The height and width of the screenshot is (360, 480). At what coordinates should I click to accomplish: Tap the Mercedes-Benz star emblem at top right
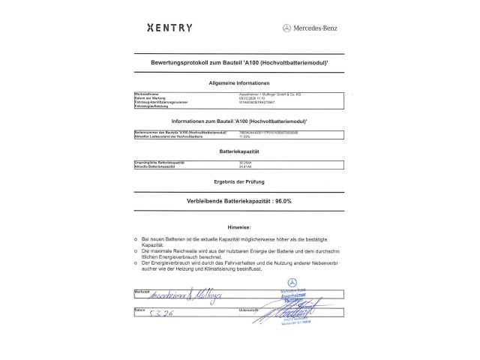[287, 28]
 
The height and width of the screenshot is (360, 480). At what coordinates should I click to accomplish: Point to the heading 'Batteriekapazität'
[239, 151]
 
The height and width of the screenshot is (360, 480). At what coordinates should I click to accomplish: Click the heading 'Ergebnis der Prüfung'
[239, 182]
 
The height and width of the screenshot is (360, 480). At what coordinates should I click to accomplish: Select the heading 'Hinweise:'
[239, 225]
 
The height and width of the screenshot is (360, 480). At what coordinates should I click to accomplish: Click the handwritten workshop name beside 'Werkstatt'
[172, 295]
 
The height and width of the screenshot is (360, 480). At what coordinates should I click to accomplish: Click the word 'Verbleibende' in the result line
[207, 202]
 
